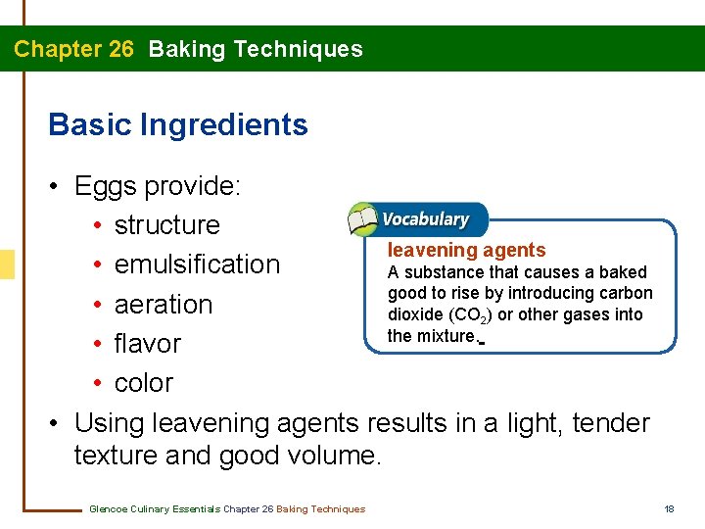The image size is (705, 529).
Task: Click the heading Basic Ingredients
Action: point(177,125)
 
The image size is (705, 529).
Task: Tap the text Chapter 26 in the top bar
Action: point(73,49)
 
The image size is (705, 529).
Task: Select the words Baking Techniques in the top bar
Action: point(255,49)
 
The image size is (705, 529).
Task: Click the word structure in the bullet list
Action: point(166,225)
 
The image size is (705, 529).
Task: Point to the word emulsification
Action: point(197,264)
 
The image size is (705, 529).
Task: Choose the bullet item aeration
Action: point(163,305)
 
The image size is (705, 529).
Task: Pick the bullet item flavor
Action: point(147,344)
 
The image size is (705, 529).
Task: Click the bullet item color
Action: point(143,383)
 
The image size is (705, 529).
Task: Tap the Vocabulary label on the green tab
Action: point(425,219)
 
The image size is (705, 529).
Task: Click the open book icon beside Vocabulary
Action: point(362,219)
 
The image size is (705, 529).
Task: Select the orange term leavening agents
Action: point(466,251)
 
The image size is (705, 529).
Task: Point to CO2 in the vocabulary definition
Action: point(471,315)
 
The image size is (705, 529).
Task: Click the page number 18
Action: point(670,508)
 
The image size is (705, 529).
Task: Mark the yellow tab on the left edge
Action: point(6,264)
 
